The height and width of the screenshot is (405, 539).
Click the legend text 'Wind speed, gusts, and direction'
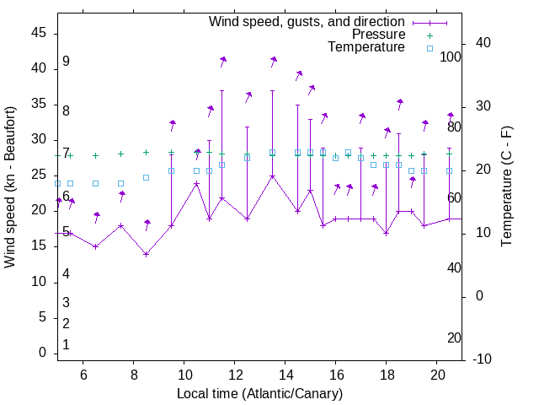coord(307,21)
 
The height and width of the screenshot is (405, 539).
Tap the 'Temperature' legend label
coord(366,47)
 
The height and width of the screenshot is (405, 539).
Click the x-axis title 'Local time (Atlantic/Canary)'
coord(259,393)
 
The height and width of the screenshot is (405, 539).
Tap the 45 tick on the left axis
coord(39,33)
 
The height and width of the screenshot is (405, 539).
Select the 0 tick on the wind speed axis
coord(42,353)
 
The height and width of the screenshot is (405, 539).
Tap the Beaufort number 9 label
coord(66,62)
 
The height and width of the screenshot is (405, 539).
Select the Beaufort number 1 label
coord(66,345)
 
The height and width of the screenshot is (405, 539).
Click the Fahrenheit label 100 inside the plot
coord(451,57)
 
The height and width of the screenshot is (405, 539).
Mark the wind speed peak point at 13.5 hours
coord(272,176)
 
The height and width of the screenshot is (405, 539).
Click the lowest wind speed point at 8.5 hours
coord(146,254)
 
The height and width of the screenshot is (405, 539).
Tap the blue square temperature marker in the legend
coord(429,48)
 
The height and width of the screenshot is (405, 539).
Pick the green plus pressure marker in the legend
coord(429,35)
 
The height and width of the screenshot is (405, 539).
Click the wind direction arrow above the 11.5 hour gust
coord(222,61)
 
